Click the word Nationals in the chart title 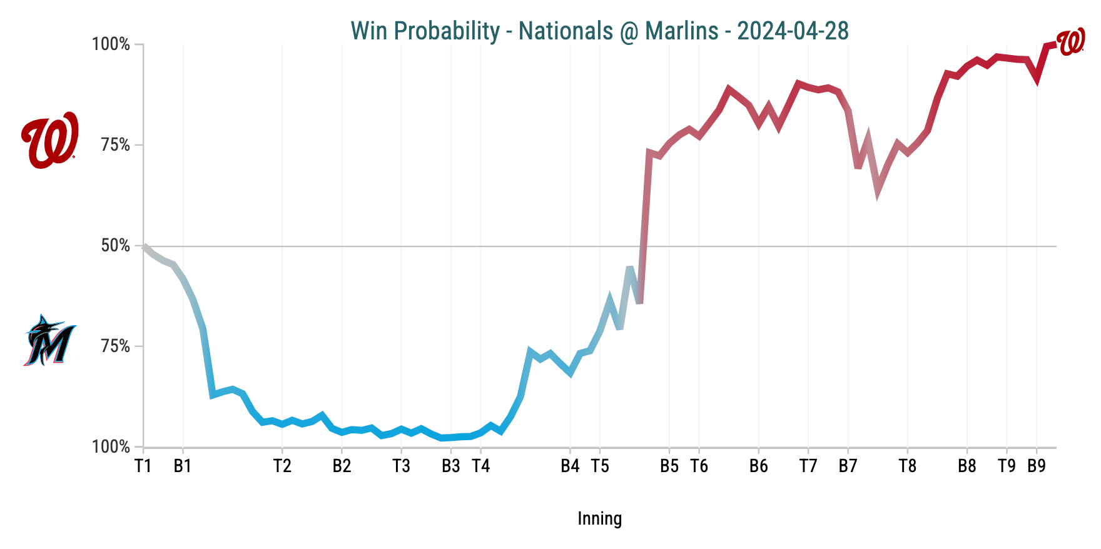click(566, 31)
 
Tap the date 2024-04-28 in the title click(793, 31)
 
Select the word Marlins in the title click(681, 31)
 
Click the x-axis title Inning click(599, 518)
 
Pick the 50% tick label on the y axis click(115, 246)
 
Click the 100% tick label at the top click(111, 44)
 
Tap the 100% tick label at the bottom click(111, 447)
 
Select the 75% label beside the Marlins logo click(115, 346)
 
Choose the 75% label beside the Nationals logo click(115, 145)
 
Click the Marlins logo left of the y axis click(49, 340)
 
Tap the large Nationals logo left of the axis click(49, 139)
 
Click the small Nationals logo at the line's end click(1071, 42)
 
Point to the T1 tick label click(143, 466)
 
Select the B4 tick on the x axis click(570, 466)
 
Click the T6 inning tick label click(699, 466)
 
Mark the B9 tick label click(1037, 466)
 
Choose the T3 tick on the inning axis click(401, 466)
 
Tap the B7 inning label click(848, 466)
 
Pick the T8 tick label click(907, 466)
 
